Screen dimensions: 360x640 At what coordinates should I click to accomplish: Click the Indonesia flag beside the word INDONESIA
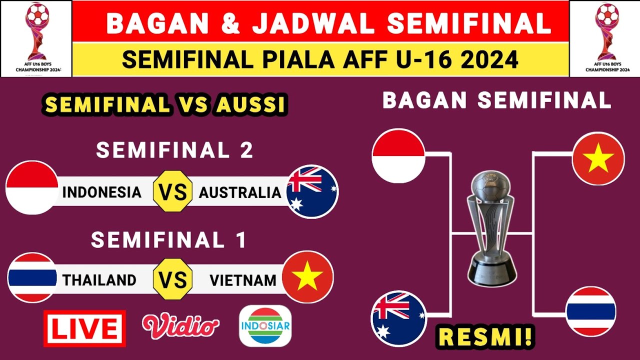point(32,188)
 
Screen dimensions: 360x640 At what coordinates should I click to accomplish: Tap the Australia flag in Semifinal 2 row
point(312,191)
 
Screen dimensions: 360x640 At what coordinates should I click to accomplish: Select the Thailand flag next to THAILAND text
point(32,277)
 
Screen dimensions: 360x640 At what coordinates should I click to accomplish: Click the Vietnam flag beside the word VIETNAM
point(307,277)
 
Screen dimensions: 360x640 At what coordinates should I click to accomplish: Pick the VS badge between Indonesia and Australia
point(172,192)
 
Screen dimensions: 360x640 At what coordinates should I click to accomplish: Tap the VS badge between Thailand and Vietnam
point(172,279)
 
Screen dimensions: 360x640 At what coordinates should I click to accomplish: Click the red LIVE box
point(84,328)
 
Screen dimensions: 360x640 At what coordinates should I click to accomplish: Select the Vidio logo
point(180,325)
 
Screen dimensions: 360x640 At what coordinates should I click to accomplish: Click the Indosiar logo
point(265,326)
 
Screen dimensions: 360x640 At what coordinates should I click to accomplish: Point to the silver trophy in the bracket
point(492,227)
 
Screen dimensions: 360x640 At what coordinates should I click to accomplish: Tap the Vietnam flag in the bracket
point(598,158)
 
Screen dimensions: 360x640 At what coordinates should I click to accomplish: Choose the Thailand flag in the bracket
point(590,311)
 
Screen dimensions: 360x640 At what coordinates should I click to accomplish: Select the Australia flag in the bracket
point(398,318)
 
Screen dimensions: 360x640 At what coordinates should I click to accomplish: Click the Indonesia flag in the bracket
point(398,155)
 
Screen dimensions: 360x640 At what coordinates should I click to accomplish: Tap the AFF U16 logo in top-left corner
point(36,38)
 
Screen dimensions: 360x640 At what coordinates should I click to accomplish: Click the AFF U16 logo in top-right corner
point(604,38)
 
